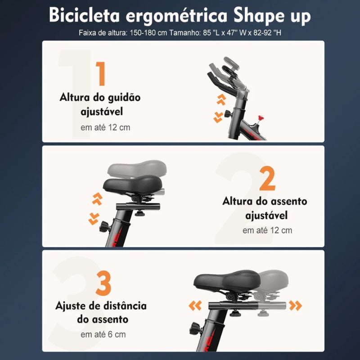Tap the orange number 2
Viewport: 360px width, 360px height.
click(267, 179)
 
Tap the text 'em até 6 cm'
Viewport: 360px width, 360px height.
click(103, 334)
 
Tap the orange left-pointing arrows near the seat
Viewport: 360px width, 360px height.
click(195, 306)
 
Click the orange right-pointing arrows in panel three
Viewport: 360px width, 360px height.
click(296, 306)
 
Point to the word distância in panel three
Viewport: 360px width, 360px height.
click(123, 306)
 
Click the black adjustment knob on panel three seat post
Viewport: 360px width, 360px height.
click(195, 327)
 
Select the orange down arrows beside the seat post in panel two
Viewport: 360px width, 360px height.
click(94, 218)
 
